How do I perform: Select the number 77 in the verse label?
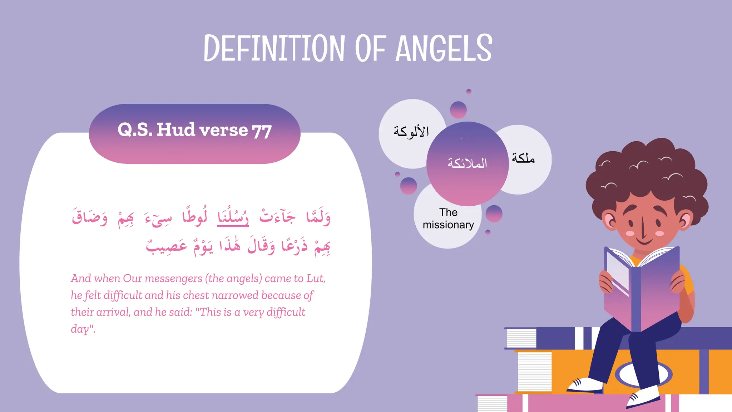pos(262,131)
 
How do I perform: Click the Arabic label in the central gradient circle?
pos(468,163)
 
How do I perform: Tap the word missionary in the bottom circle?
pos(448,225)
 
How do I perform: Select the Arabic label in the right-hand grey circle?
pos(523,158)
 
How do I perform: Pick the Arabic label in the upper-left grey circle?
pos(411,132)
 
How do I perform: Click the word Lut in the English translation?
pos(315,278)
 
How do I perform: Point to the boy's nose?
pos(642,229)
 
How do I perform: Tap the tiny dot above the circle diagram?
pos(469,92)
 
